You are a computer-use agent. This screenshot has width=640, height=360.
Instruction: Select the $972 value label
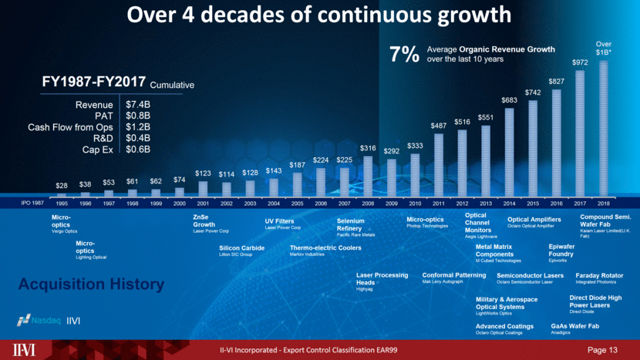coord(580,62)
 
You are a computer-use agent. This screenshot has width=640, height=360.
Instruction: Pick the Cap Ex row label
coord(99,149)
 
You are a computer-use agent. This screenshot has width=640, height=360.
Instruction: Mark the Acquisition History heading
coord(91,284)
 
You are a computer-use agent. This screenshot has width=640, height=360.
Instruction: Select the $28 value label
coord(61,186)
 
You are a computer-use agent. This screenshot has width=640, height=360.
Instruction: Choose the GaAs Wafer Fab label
coord(574,326)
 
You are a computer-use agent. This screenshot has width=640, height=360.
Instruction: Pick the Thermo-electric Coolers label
coord(325,248)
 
